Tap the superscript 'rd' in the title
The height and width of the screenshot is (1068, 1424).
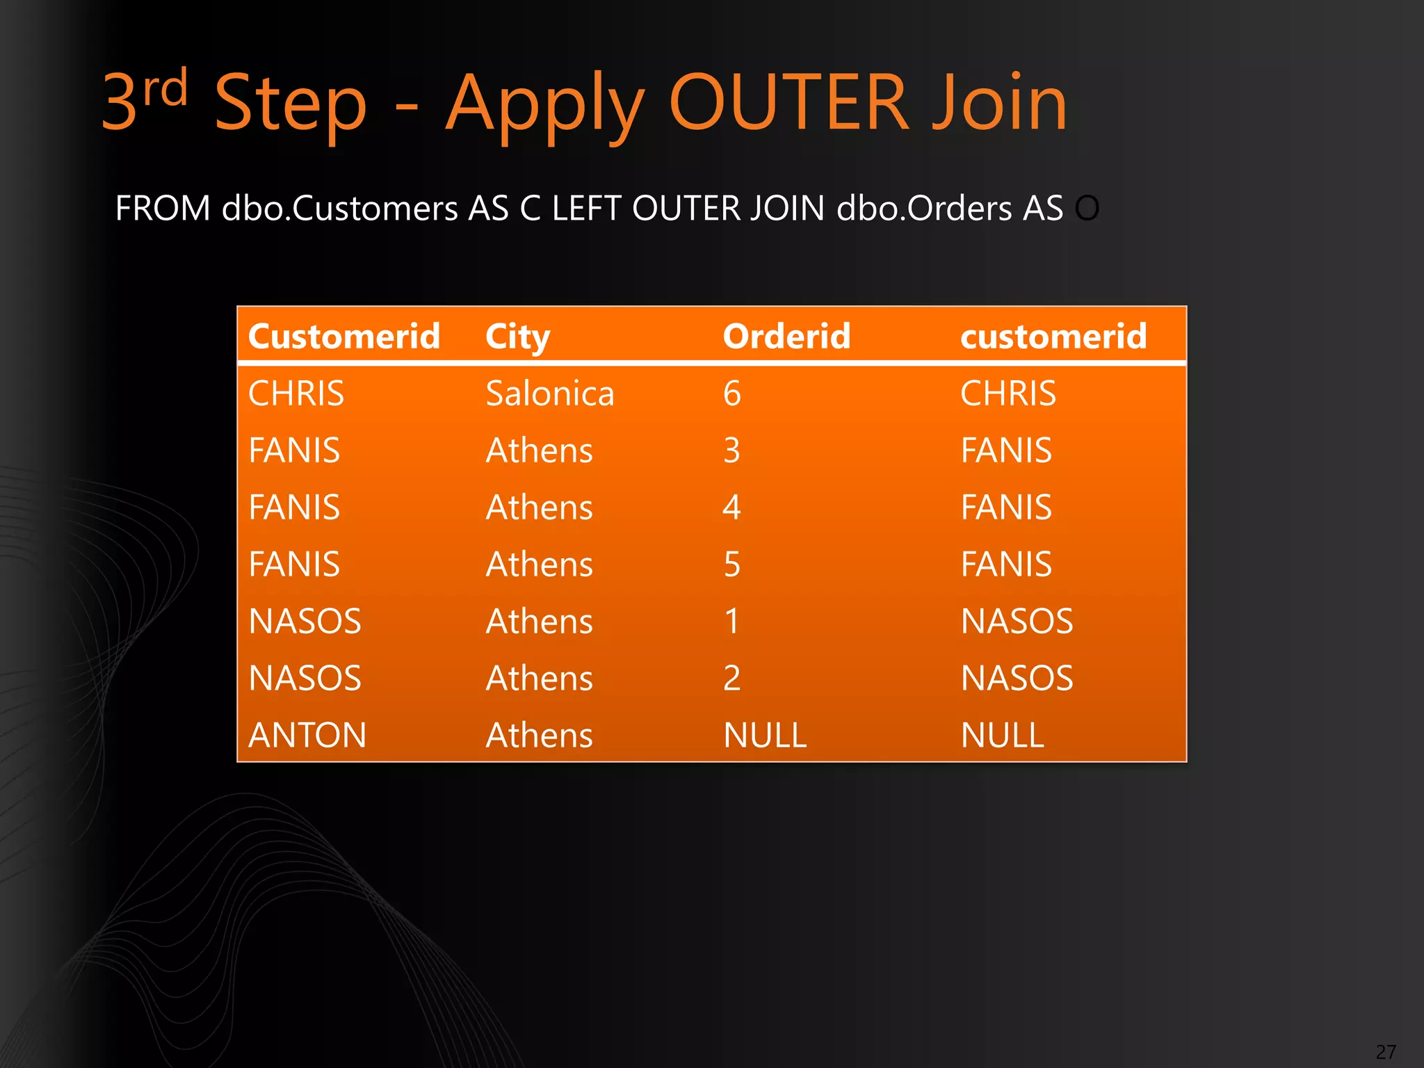(165, 88)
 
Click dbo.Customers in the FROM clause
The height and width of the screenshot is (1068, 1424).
(339, 209)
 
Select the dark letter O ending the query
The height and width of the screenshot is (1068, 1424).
(1087, 209)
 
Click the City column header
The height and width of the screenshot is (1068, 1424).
(517, 337)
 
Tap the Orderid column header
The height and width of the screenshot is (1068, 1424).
(786, 337)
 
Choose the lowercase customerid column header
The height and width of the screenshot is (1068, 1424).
(1053, 337)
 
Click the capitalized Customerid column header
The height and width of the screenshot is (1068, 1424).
(344, 337)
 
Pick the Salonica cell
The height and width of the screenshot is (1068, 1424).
(550, 394)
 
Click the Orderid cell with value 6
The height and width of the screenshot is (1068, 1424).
(731, 394)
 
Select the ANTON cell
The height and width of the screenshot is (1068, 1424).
(307, 735)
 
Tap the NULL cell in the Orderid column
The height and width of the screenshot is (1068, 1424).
(765, 735)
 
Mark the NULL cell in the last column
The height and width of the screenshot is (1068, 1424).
(1002, 735)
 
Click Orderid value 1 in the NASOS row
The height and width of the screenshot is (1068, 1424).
(731, 621)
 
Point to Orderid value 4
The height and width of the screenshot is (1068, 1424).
(731, 508)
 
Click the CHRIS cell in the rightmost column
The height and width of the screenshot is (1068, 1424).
(1008, 394)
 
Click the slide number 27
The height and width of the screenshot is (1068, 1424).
(1385, 1052)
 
